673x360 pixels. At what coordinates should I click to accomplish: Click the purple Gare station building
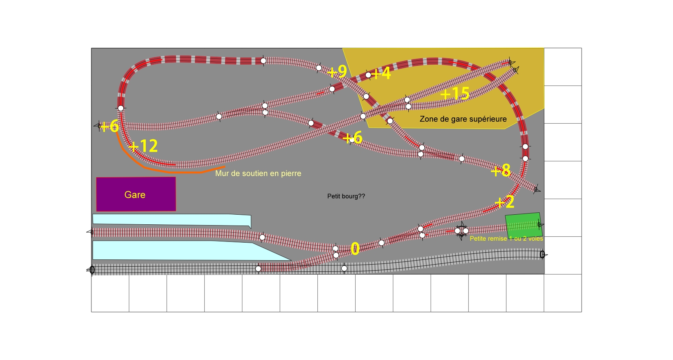(136, 194)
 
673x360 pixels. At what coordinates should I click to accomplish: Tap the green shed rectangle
(524, 225)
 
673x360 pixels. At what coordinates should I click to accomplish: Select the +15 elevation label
(455, 93)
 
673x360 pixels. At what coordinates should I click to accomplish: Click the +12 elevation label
(143, 146)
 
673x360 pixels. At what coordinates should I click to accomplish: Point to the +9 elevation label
(337, 71)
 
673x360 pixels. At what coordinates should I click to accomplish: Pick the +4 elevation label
(381, 73)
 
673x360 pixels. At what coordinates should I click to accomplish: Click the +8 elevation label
(501, 170)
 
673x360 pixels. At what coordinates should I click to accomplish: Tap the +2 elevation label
(505, 202)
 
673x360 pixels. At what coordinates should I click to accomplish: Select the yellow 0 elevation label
(355, 249)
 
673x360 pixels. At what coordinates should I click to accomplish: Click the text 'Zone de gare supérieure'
(463, 119)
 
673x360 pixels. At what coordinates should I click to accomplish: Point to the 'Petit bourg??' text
(346, 196)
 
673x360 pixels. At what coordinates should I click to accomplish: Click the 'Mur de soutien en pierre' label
(258, 173)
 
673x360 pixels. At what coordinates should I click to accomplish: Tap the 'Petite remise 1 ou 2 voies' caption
(506, 239)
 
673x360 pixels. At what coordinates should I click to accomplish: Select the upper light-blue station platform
(172, 220)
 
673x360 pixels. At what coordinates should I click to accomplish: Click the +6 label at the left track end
(109, 127)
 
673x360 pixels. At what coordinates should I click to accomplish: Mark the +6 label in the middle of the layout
(353, 138)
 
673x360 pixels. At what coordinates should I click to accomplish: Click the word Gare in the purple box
(135, 195)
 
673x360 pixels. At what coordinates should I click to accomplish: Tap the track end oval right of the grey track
(542, 255)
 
